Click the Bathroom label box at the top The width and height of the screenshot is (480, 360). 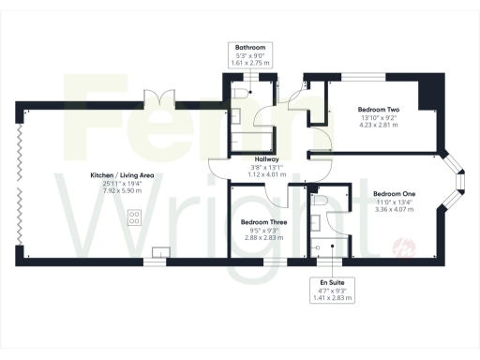(250, 54)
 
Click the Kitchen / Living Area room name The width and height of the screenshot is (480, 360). (114, 175)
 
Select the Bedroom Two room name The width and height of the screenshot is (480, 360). (379, 110)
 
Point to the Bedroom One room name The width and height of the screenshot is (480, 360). (394, 194)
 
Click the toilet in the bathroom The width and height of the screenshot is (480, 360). (243, 92)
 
